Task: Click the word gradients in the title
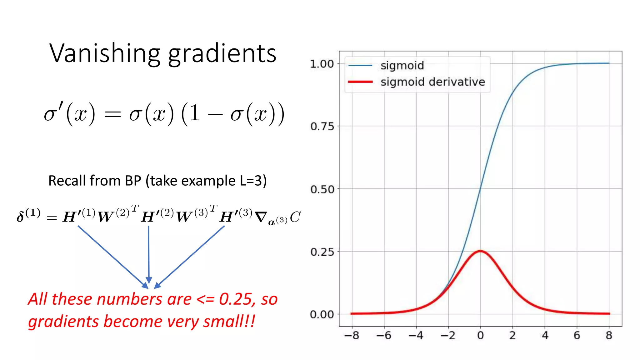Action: click(x=222, y=54)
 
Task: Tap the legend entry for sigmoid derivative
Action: click(x=432, y=82)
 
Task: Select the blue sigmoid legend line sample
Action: click(x=360, y=66)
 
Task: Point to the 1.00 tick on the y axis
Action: click(x=322, y=64)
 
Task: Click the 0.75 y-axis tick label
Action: click(x=322, y=127)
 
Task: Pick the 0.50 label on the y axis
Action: click(x=322, y=189)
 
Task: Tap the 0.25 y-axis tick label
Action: click(x=322, y=252)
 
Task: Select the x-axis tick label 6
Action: click(x=577, y=336)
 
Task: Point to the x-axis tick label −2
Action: click(x=448, y=336)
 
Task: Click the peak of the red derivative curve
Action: click(x=480, y=251)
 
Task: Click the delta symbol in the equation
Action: click(x=21, y=217)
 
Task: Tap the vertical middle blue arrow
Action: click(x=149, y=253)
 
